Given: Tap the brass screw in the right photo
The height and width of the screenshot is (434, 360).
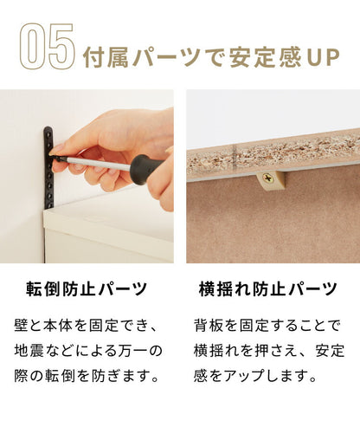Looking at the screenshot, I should coord(270,181).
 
